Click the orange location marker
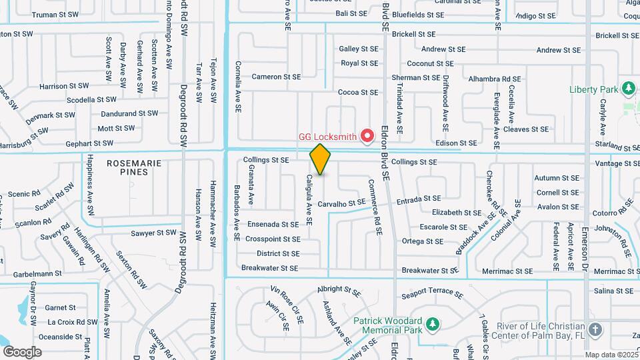[x=320, y=159]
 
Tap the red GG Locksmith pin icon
[x=367, y=136]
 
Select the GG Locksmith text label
[x=327, y=137]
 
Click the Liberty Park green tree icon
[x=627, y=89]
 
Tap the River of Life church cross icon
[x=595, y=329]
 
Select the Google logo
[x=22, y=351]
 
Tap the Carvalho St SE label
[x=341, y=203]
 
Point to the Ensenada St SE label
[x=273, y=225]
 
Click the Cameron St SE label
[x=276, y=77]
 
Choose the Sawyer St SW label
[x=153, y=233]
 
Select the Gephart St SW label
[x=89, y=143]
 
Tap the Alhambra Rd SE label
[x=494, y=79]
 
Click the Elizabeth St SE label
[x=457, y=213]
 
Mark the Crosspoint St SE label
[x=273, y=239]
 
